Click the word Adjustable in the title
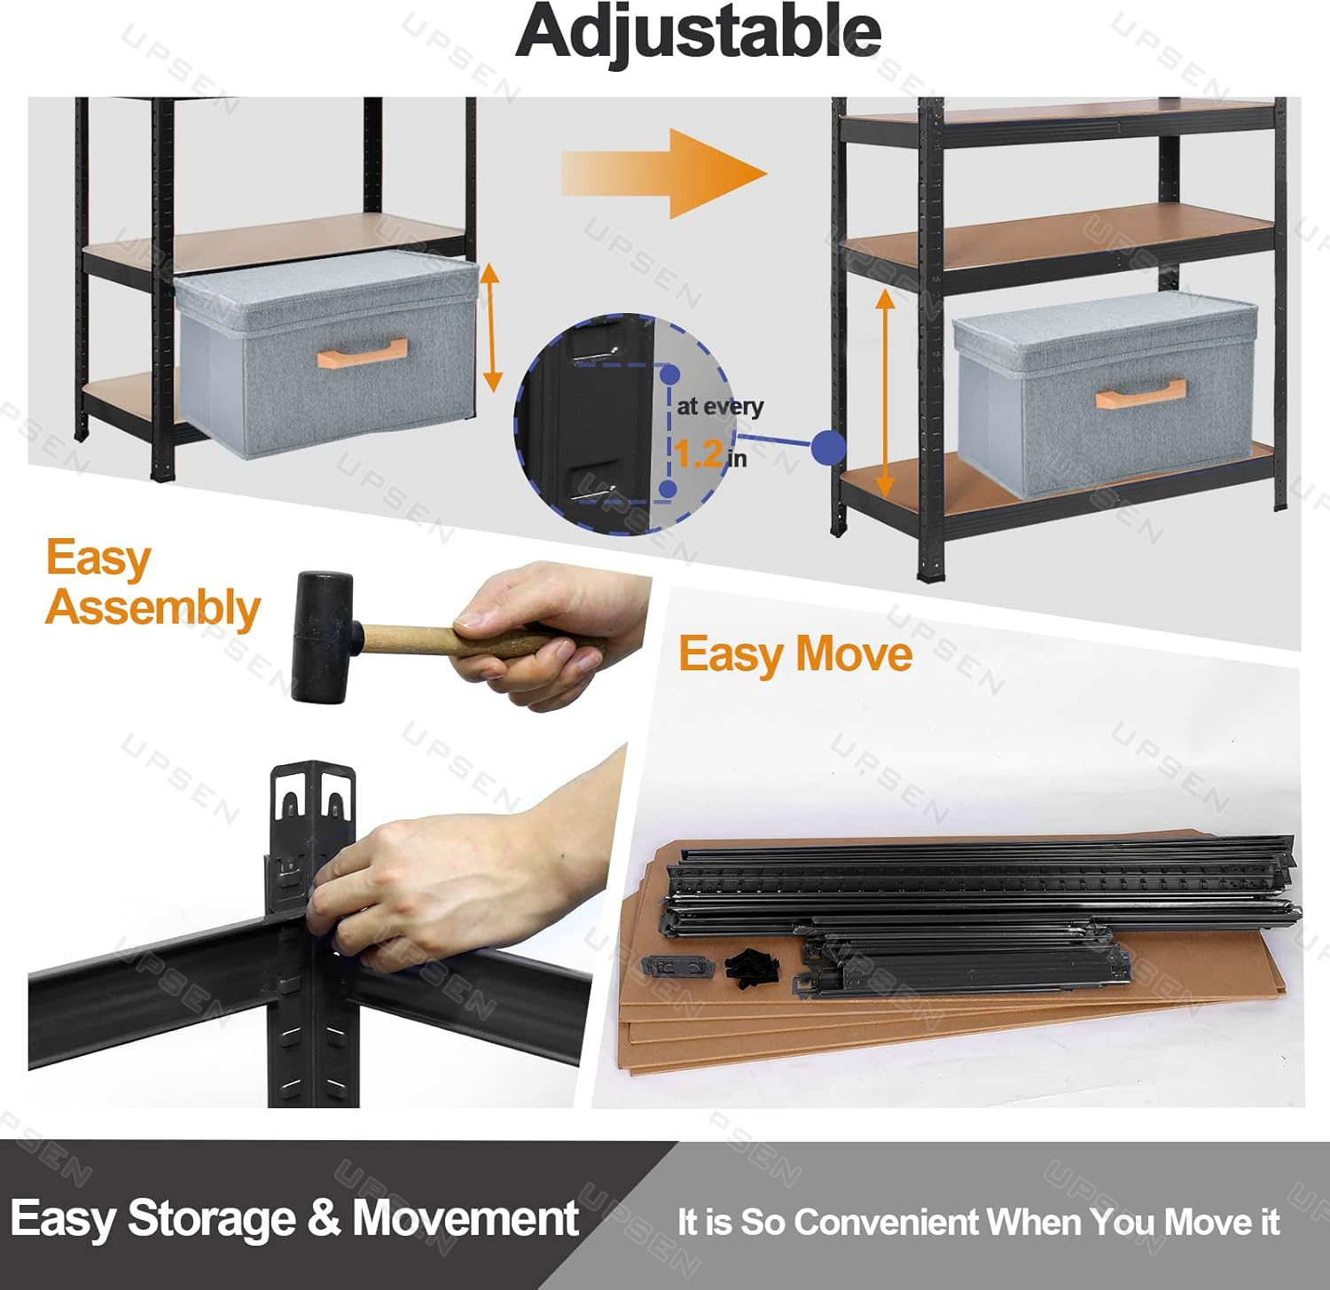pyautogui.click(x=699, y=32)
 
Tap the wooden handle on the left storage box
pyautogui.click(x=362, y=352)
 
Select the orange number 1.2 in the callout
pyautogui.click(x=698, y=454)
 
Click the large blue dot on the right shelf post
pyautogui.click(x=828, y=448)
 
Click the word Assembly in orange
pyautogui.click(x=153, y=608)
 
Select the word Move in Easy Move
pyautogui.click(x=854, y=654)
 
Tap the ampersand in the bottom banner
pyautogui.click(x=325, y=1217)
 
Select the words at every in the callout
pyautogui.click(x=719, y=407)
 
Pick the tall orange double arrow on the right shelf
pyautogui.click(x=884, y=393)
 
